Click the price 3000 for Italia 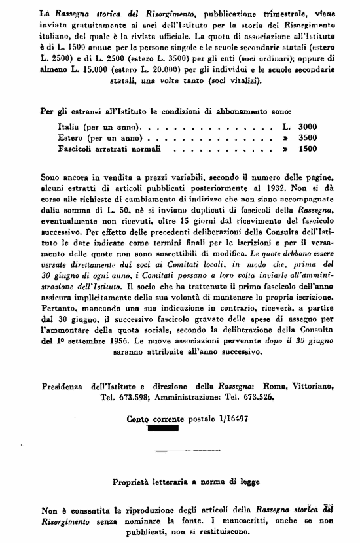click(307, 126)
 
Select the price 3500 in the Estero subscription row click(307, 137)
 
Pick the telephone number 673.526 click(253, 396)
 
